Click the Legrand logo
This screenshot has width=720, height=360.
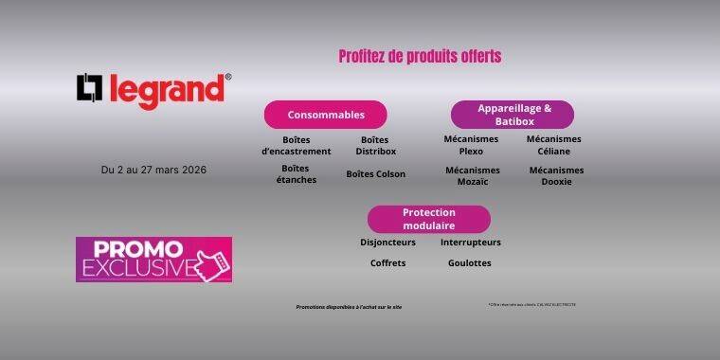pos(152,90)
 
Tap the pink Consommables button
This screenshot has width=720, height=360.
pos(325,115)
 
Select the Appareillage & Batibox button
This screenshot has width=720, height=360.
pos(512,115)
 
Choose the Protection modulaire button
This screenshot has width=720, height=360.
pos(428,219)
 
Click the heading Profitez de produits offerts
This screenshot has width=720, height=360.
pos(420,57)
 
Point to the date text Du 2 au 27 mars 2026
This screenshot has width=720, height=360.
pos(153,171)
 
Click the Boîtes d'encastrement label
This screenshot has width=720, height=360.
pos(297,145)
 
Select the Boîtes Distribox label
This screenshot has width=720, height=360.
pos(375,145)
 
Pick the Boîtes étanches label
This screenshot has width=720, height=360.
pos(297,174)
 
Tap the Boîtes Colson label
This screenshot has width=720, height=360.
pos(375,174)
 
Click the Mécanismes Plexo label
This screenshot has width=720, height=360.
pos(471,145)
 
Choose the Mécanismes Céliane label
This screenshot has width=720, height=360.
pos(554,145)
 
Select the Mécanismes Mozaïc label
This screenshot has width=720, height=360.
pos(472,176)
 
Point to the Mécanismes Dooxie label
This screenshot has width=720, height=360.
pos(556,176)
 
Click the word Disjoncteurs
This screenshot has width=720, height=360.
pos(387,243)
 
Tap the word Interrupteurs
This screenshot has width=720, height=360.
pos(471,243)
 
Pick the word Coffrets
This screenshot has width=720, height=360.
pos(387,263)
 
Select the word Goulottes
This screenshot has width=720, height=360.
pos(470,263)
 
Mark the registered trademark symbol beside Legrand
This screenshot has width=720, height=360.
pos(228,78)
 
